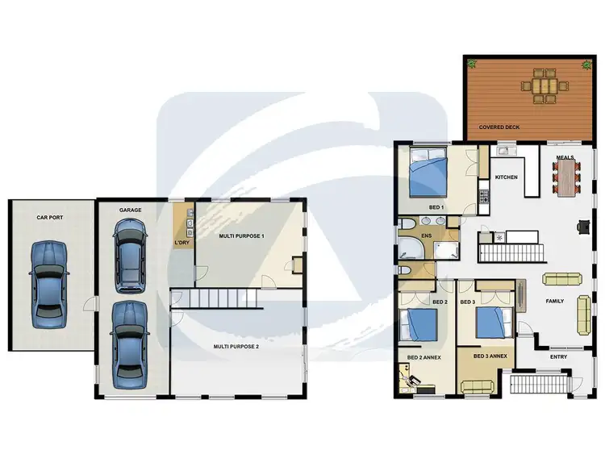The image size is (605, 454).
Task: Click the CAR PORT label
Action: pyautogui.click(x=49, y=217)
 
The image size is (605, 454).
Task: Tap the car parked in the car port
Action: pyautogui.click(x=48, y=284)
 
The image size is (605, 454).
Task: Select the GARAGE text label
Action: pyautogui.click(x=131, y=210)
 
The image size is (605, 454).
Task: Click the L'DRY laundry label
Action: pyautogui.click(x=181, y=243)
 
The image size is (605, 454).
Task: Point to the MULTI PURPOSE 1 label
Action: pyautogui.click(x=242, y=235)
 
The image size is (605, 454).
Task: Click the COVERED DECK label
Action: pyautogui.click(x=499, y=127)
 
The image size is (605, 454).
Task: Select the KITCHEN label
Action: pyautogui.click(x=506, y=177)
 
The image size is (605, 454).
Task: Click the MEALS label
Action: pyautogui.click(x=565, y=158)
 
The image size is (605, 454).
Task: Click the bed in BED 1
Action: pyautogui.click(x=427, y=177)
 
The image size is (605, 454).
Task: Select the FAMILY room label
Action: pyautogui.click(x=554, y=301)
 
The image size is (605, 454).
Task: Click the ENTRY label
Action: pyautogui.click(x=558, y=356)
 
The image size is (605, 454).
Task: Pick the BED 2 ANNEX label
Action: pyautogui.click(x=423, y=356)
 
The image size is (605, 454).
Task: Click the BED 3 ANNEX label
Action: pyautogui.click(x=490, y=356)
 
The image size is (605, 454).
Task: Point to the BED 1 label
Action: pyautogui.click(x=437, y=208)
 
